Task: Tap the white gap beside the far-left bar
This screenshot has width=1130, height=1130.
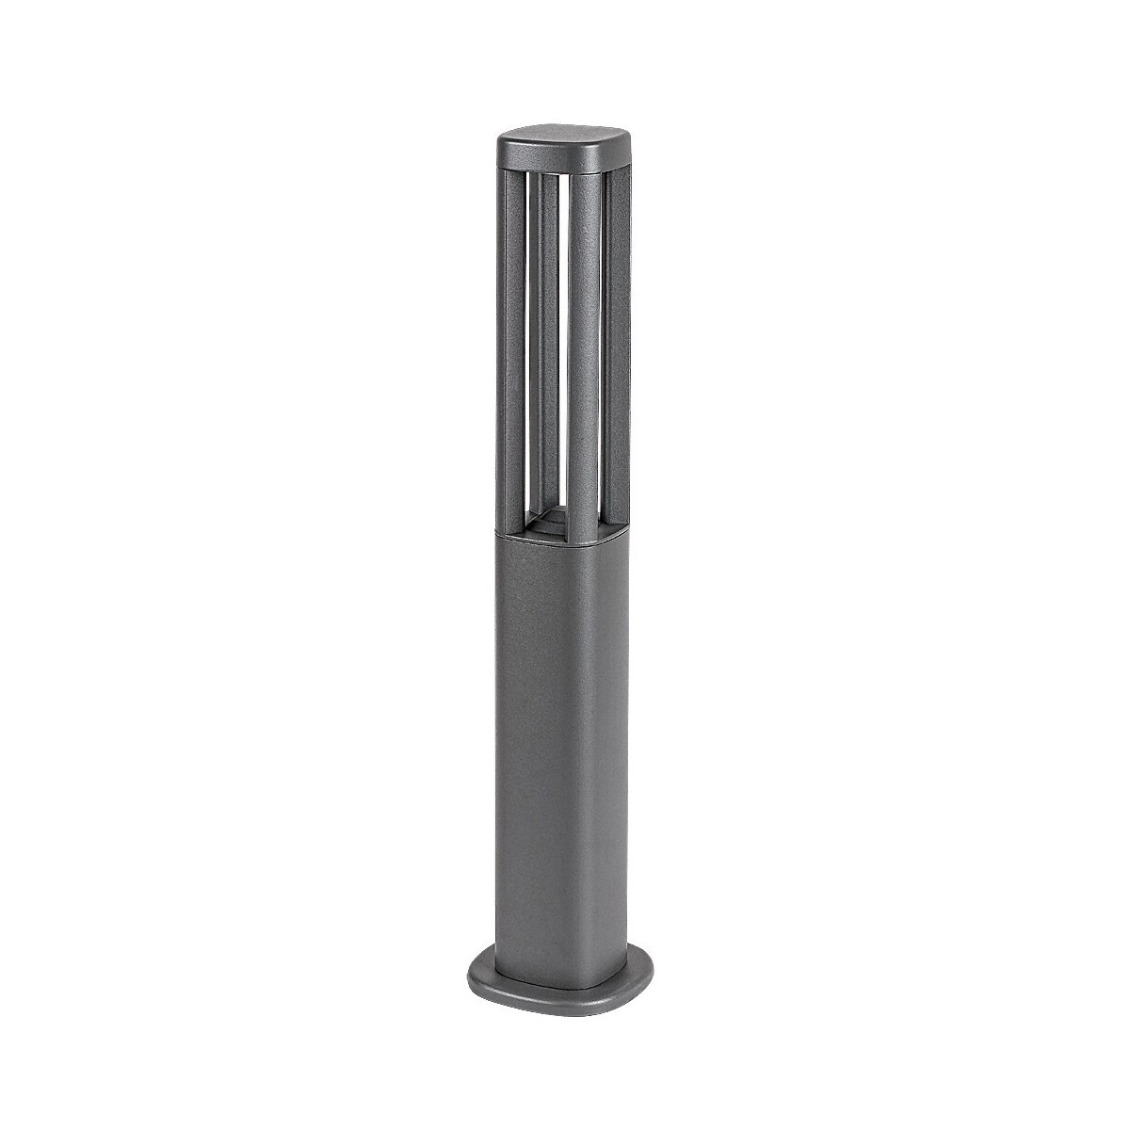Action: coord(528,330)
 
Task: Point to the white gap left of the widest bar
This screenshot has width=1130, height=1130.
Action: coord(562,330)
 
